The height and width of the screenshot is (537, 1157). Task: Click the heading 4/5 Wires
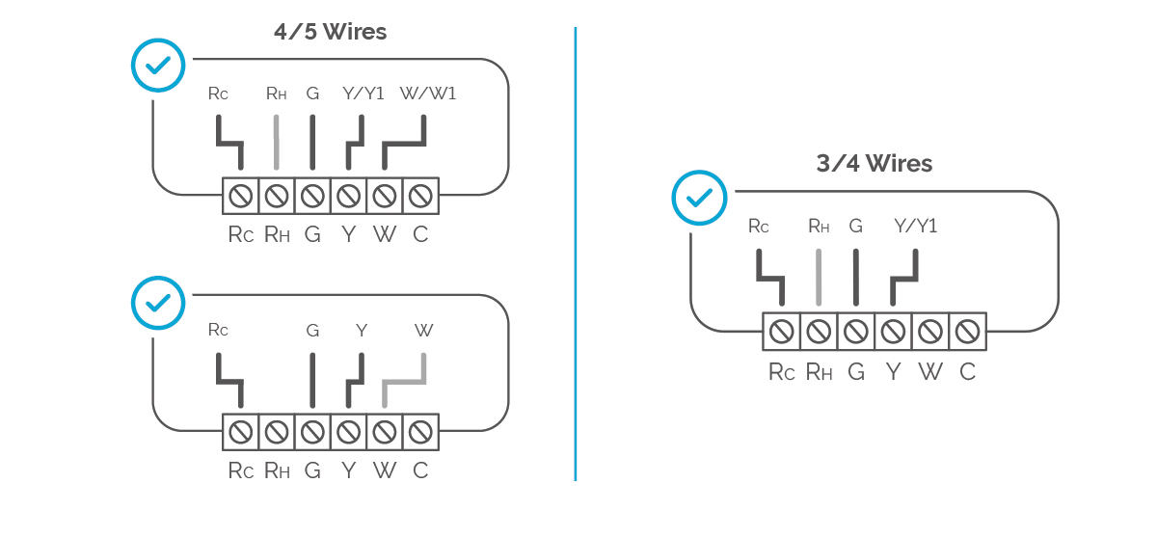330,32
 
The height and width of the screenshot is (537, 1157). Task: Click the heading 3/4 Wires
874,164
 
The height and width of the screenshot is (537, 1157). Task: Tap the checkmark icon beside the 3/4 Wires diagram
698,199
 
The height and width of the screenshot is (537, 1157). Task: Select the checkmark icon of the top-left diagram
158,66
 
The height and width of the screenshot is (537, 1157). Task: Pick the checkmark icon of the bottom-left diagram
158,304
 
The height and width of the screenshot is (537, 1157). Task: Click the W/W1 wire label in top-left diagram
427,94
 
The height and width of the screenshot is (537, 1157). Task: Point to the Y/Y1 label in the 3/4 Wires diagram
915,227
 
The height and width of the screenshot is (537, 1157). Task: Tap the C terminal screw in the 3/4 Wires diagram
966,332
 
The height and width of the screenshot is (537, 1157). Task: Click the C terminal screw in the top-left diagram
419,197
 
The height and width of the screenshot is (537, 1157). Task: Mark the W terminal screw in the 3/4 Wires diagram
929,332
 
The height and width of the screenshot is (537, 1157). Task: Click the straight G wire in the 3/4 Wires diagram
855,280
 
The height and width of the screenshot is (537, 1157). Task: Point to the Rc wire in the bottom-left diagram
229,379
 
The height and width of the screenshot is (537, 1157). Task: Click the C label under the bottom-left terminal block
420,471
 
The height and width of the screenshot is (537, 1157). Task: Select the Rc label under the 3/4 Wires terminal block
781,372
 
